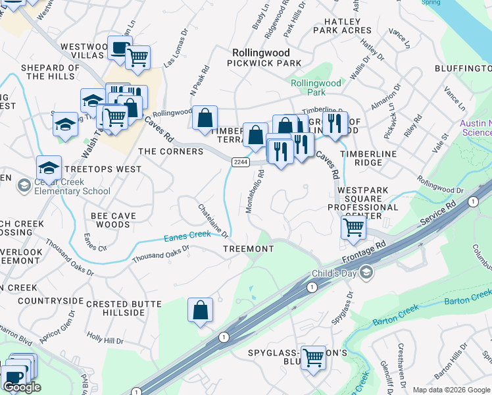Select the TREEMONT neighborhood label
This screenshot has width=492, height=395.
coord(248,248)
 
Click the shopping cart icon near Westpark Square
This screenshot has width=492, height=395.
coord(353,228)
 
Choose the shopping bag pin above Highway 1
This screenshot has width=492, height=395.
coord(201,310)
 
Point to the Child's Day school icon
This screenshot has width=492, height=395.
coord(366,273)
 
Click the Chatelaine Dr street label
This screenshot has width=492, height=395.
coord(214,220)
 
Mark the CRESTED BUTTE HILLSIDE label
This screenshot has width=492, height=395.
coord(123,307)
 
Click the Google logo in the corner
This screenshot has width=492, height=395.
coord(22,387)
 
